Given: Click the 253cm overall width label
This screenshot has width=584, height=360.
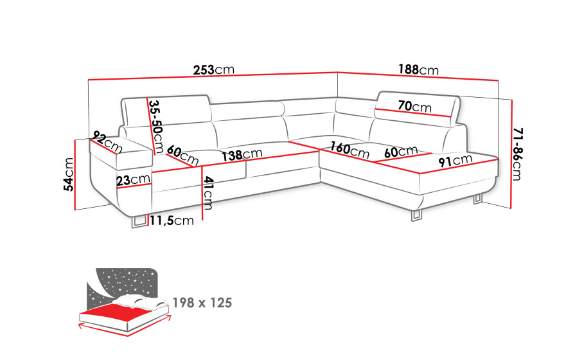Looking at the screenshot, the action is tap(213, 69).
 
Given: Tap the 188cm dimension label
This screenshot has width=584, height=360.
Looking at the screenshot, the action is tap(418, 69).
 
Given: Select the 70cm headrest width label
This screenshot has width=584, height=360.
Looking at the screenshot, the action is tap(414, 107).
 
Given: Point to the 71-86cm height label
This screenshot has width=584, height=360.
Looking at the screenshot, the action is tap(517, 154).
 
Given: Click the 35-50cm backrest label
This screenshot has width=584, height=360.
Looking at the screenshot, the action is tap(156, 127).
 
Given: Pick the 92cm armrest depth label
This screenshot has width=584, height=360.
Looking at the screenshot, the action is tap(108, 141).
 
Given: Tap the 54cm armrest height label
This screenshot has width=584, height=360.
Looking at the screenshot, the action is tap(69, 174).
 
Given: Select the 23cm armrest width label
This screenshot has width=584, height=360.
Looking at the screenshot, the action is tap(134, 180).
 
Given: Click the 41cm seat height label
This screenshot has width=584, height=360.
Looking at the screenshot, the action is tap(208, 193).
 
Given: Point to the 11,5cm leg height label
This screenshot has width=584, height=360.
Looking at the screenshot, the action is tap(172, 221).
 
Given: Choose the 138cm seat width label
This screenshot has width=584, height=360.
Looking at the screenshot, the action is tap(242, 155).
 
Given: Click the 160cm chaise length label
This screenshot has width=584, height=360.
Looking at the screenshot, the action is tap(350, 150).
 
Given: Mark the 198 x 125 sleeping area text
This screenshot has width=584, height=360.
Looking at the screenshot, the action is tap(202, 303).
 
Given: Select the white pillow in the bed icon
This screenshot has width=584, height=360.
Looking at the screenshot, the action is tap(141, 301).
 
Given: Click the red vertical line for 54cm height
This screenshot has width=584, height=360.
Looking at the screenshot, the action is tap(76, 175).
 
